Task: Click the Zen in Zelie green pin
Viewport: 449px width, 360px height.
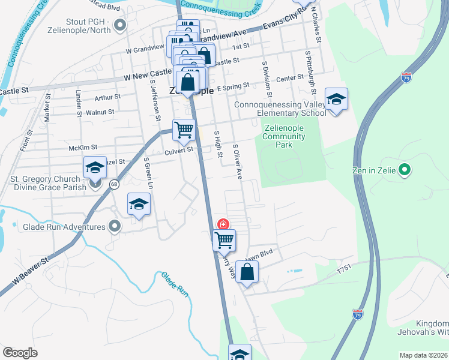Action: point(405,170)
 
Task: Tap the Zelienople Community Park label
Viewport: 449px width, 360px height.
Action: point(283,136)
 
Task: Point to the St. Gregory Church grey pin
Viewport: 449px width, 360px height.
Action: point(96,184)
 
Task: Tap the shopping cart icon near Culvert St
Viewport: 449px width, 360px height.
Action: point(184,129)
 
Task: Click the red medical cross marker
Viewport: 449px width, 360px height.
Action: point(223,224)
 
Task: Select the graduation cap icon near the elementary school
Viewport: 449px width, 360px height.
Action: point(336,99)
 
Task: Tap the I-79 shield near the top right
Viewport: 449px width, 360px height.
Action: point(406,77)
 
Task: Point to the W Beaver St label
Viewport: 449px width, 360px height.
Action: point(29,272)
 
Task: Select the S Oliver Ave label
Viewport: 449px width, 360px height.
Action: point(238,162)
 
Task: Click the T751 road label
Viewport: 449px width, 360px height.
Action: point(343,271)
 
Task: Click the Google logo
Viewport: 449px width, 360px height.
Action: point(20,353)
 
